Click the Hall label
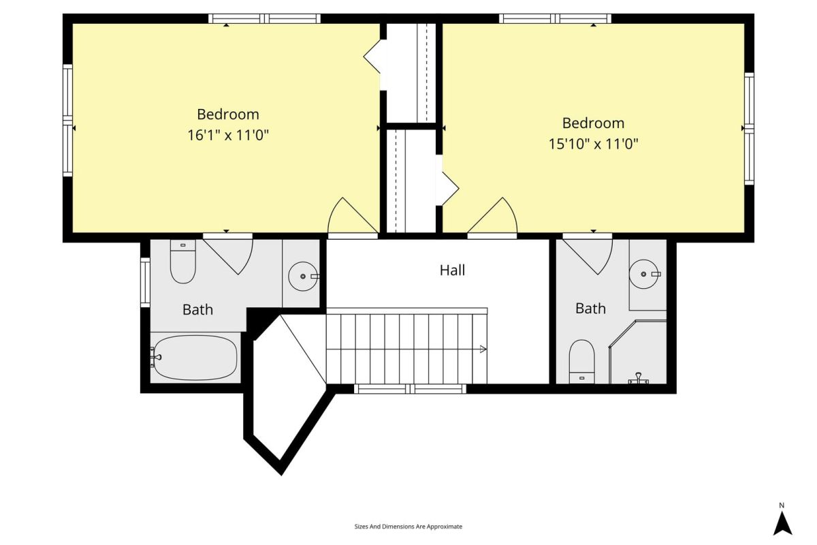click(x=452, y=270)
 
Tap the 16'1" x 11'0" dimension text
click(x=228, y=135)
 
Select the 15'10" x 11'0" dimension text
click(x=594, y=144)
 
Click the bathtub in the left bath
click(x=195, y=358)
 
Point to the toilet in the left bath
click(x=183, y=262)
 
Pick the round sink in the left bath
click(x=303, y=277)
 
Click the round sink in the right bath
click(x=644, y=274)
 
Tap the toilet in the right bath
click(x=581, y=361)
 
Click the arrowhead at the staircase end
click(x=483, y=349)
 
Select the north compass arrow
click(x=783, y=523)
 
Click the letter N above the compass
click(x=782, y=505)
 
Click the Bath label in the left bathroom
click(x=197, y=309)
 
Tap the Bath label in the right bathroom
click(x=590, y=309)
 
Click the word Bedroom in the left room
click(x=228, y=114)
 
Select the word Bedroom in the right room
click(x=594, y=123)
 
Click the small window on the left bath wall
click(x=145, y=282)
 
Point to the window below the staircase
click(x=410, y=389)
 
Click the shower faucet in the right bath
click(x=639, y=379)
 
